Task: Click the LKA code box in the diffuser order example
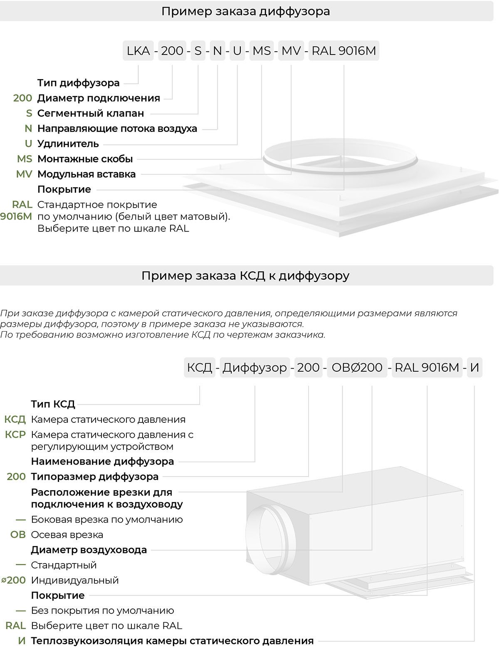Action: pyautogui.click(x=138, y=51)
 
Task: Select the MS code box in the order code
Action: pyautogui.click(x=262, y=51)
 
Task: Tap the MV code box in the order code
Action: pyautogui.click(x=291, y=51)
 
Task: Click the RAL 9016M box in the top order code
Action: pyautogui.click(x=343, y=51)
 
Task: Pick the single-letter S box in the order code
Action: pyautogui.click(x=198, y=51)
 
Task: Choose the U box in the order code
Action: pyautogui.click(x=237, y=51)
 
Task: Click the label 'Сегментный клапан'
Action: pyautogui.click(x=91, y=113)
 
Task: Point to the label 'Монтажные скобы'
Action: pyautogui.click(x=85, y=159)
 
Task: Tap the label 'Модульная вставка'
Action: pyautogui.click(x=86, y=174)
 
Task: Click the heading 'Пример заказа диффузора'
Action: pyautogui.click(x=246, y=11)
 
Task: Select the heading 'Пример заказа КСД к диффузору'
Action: pyautogui.click(x=245, y=276)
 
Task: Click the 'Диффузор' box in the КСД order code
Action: pyautogui.click(x=254, y=367)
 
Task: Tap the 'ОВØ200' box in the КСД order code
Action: pyautogui.click(x=357, y=367)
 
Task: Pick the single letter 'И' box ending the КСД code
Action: pyautogui.click(x=474, y=367)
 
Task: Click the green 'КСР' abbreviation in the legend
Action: pyautogui.click(x=15, y=434)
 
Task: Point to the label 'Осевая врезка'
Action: pyautogui.click(x=67, y=535)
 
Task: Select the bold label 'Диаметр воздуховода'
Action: pyautogui.click(x=89, y=550)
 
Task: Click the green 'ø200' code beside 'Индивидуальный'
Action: pyautogui.click(x=13, y=580)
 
